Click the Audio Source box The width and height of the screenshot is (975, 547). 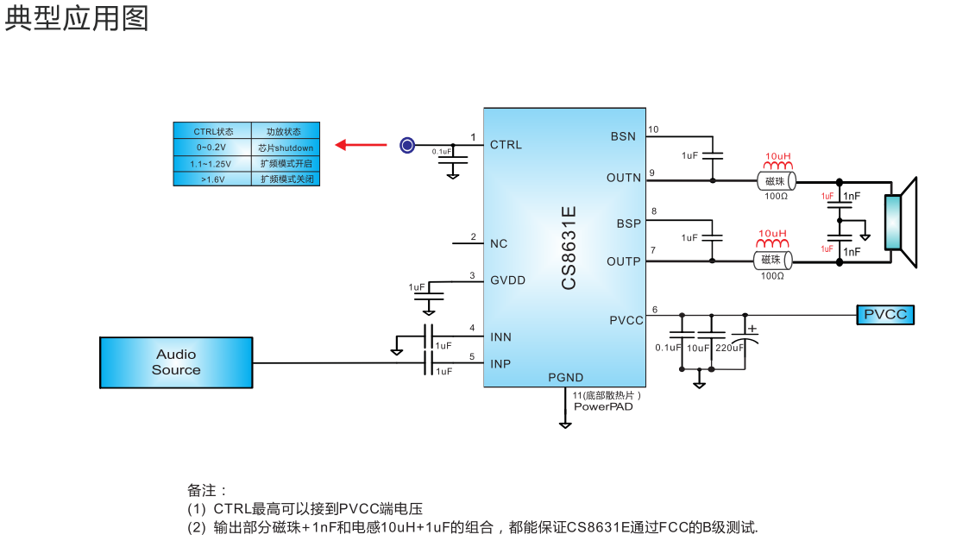click(176, 362)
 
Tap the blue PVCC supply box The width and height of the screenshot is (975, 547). click(885, 315)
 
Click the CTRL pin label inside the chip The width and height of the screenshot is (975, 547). click(506, 144)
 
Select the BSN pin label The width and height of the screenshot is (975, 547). click(623, 136)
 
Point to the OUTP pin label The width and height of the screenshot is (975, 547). click(624, 261)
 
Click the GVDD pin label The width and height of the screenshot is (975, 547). click(507, 280)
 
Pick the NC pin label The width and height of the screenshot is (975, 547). click(499, 243)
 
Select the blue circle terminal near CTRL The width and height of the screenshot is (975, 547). click(407, 145)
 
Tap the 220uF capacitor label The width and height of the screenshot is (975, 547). click(730, 348)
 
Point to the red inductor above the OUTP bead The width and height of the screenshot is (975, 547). click(774, 244)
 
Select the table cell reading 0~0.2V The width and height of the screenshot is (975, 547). click(211, 148)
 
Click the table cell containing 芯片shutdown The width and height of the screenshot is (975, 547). click(286, 148)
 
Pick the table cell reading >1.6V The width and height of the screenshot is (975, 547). click(211, 179)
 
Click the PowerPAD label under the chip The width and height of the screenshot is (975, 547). click(602, 406)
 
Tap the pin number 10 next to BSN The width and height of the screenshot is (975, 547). click(653, 130)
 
